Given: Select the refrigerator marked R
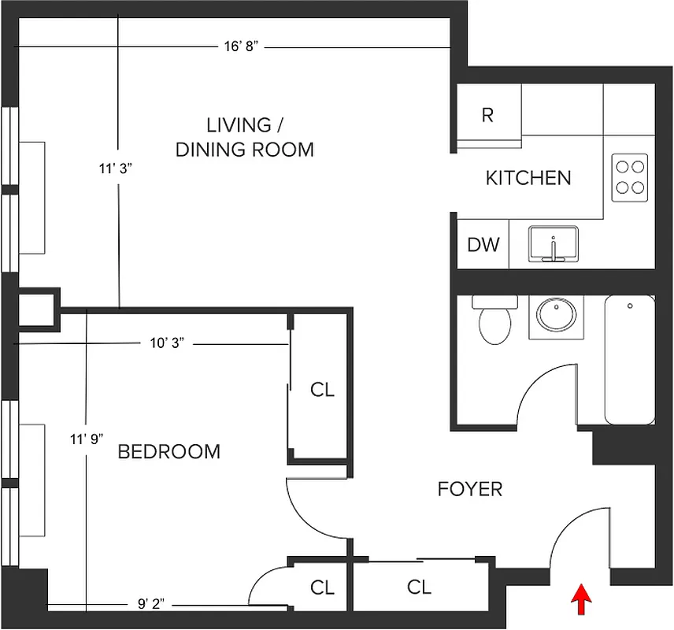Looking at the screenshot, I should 488,115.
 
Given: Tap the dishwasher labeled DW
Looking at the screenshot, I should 483,245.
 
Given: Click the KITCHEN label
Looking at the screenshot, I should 528,178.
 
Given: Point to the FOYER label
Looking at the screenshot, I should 469,489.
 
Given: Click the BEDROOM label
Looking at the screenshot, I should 168,451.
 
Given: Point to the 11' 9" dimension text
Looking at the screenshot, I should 86,438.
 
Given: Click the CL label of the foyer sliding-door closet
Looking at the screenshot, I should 419,587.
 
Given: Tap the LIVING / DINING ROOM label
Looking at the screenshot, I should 244,137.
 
